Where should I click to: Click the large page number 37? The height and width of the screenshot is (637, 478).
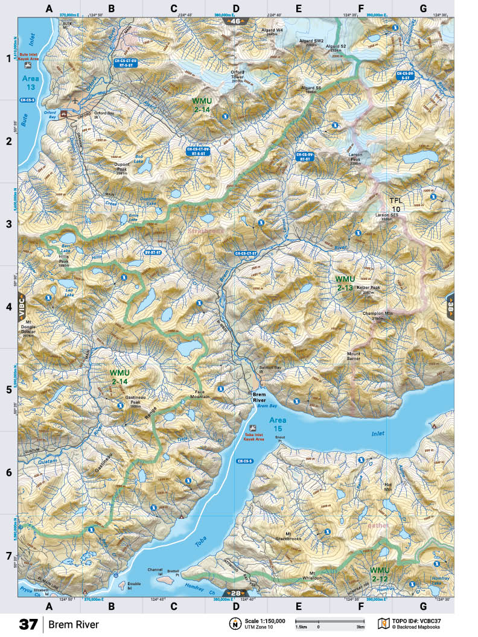pyautogui.click(x=29, y=624)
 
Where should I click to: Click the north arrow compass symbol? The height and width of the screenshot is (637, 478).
pyautogui.click(x=233, y=623)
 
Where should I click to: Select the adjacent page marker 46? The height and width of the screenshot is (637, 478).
pyautogui.click(x=236, y=21)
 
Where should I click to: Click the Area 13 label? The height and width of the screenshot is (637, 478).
pyautogui.click(x=30, y=83)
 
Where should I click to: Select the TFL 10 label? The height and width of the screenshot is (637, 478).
pyautogui.click(x=395, y=204)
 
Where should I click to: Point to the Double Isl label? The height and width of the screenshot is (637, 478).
pyautogui.click(x=134, y=583)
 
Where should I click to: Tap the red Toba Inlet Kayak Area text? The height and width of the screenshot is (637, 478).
pyautogui.click(x=254, y=436)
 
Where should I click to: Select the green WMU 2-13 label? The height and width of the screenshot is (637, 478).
pyautogui.click(x=345, y=283)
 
